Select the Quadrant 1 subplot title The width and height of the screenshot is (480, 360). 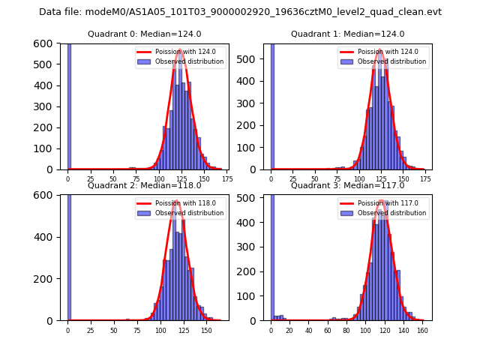click(347, 34)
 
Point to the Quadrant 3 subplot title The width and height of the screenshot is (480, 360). click(347, 185)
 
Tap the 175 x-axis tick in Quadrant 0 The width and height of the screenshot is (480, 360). click(227, 178)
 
